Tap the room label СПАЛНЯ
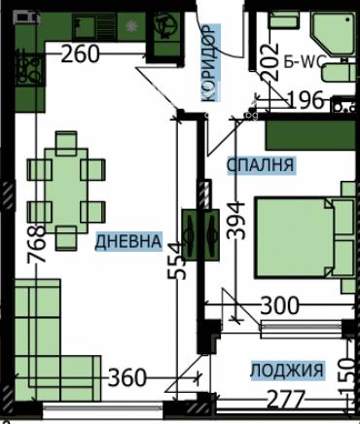pos(260,165)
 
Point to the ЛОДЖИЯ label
pos(286,370)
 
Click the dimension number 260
pos(80,54)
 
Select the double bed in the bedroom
pos(302,238)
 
